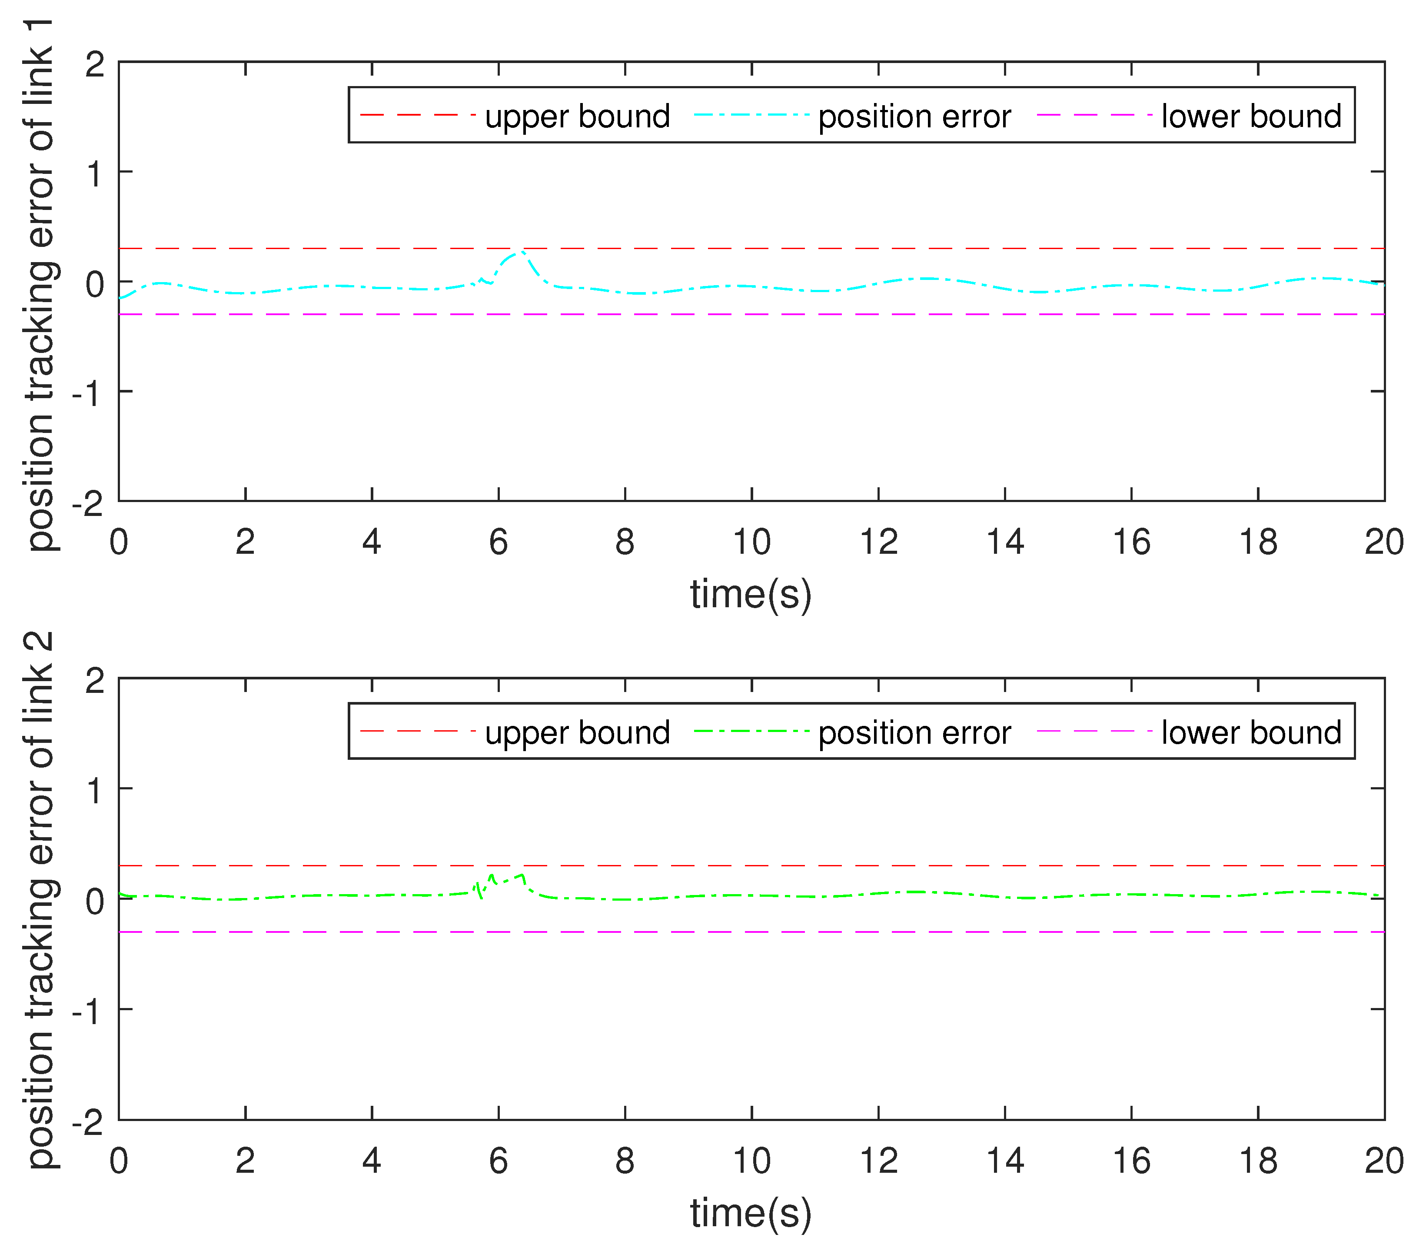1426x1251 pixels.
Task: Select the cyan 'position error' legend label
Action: coord(914,116)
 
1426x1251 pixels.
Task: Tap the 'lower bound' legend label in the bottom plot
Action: coord(1251,732)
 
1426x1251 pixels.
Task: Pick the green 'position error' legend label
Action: coord(914,732)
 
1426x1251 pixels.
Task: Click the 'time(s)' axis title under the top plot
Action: coord(751,595)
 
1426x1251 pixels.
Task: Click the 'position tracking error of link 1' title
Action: coord(40,285)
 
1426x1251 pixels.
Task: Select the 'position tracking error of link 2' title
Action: coord(40,900)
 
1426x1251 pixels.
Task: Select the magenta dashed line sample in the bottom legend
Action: coord(1094,731)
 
